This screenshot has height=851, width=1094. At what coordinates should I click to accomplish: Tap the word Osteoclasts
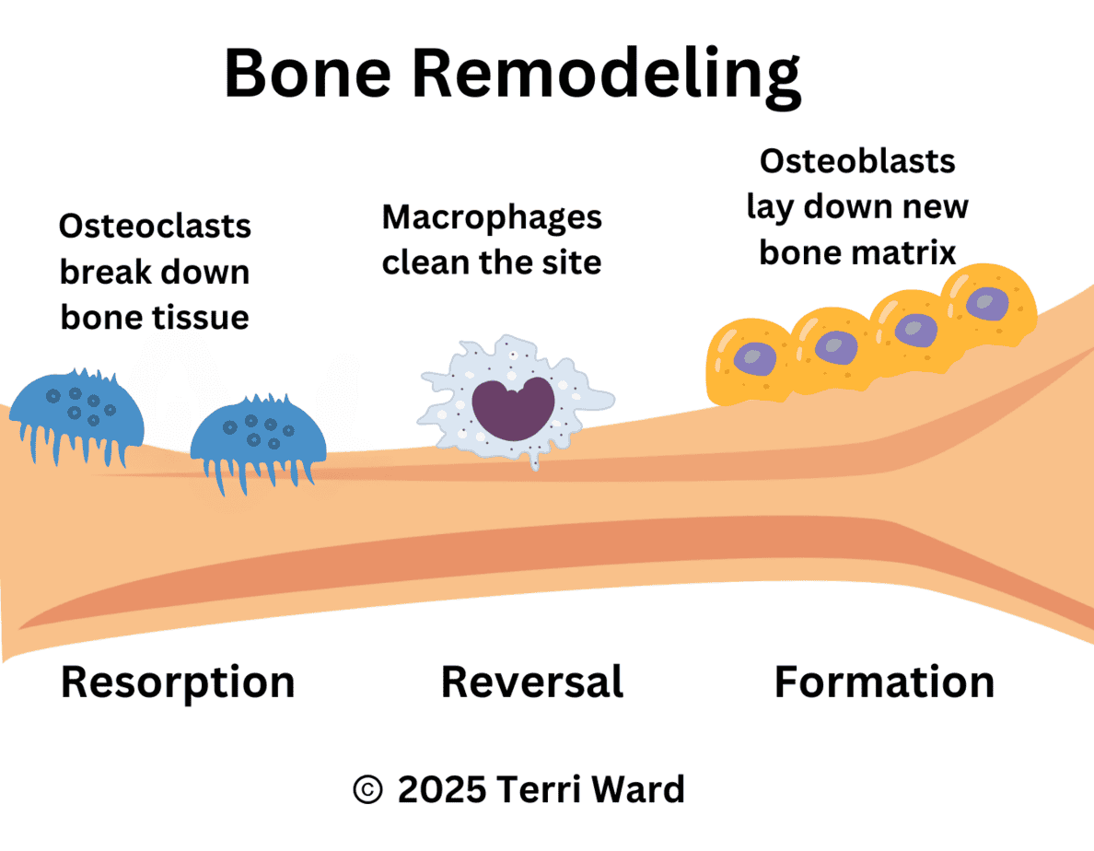coord(155,227)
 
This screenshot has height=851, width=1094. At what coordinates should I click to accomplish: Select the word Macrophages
coord(492,218)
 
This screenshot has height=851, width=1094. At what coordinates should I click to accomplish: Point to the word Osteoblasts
coord(857,162)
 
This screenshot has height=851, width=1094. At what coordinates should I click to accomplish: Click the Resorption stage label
coord(178,682)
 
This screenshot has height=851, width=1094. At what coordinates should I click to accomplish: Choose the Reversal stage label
coord(532,682)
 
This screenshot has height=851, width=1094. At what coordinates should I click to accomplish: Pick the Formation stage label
coord(884,682)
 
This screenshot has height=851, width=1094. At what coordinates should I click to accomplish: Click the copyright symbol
coord(367,789)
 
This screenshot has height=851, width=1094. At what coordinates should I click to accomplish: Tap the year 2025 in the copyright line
coord(443,789)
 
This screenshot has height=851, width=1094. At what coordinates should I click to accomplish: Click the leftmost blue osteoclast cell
coord(77,410)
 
